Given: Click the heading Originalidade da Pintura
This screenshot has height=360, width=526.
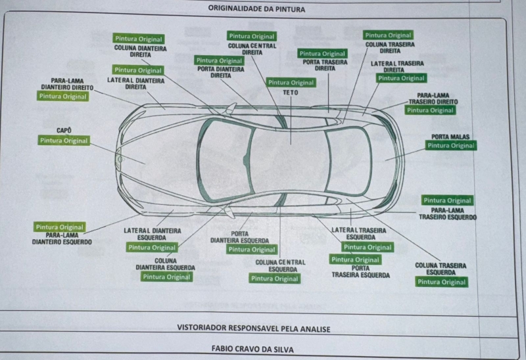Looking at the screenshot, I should coord(256,9).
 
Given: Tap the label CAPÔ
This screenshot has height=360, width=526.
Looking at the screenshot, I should coord(64,131).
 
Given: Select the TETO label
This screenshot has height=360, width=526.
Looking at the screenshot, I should coord(291,93).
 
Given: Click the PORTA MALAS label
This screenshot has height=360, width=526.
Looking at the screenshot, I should coord(450,137).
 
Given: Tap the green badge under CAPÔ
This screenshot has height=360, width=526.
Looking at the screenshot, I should coord(64,141).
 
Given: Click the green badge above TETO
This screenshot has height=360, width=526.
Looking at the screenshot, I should coord(291,83).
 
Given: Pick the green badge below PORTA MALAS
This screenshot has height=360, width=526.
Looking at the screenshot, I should coord(450,146).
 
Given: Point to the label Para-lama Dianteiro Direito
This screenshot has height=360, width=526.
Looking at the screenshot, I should coord(64,84).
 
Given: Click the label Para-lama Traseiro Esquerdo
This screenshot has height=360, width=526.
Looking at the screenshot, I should coord(448,214).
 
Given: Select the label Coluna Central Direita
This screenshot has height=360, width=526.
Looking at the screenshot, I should coord(252,49).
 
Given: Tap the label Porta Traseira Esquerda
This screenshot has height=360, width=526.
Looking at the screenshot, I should coord(360,271).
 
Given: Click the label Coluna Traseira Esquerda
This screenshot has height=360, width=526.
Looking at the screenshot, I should coord(441,269).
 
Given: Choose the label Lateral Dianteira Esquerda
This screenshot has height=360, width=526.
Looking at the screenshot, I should coord(152,235).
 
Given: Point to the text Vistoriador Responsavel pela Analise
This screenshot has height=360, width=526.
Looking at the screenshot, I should coord(254,328).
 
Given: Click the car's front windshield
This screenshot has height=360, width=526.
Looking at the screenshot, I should coord(224,158).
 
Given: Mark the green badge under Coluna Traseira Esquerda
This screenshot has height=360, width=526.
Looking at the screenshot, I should coord(441,282).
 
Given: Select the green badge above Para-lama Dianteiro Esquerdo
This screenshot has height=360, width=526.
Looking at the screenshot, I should coord(60,227).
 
